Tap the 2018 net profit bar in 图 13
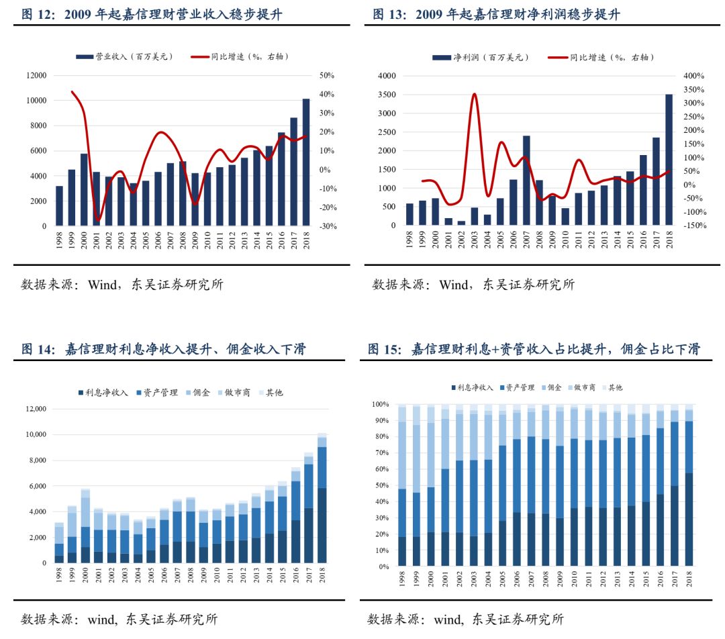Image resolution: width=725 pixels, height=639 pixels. point(669,160)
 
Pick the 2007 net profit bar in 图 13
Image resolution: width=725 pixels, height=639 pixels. point(526,181)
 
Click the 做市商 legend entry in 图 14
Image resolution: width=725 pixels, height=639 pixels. point(232,392)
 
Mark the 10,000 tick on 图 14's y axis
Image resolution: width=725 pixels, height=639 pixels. point(35,435)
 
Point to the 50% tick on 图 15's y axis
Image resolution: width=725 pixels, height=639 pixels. point(381,485)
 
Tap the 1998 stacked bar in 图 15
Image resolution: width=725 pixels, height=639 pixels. point(402,486)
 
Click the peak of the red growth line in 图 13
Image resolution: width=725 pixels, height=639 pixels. point(475,94)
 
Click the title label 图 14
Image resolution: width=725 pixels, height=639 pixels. point(36,349)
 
